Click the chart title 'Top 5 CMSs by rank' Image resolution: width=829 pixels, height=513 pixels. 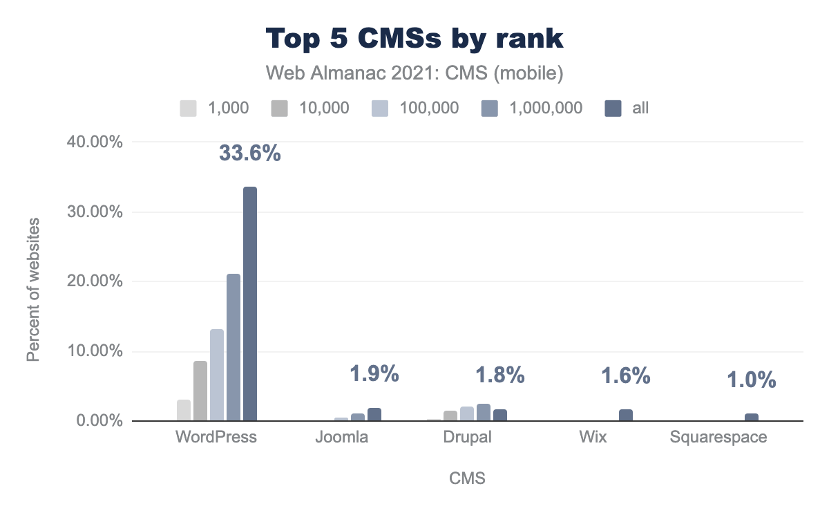pyautogui.click(x=414, y=39)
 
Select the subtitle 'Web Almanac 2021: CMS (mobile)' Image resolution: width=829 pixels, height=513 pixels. pyautogui.click(x=414, y=73)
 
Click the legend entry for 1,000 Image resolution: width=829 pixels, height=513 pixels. pyautogui.click(x=213, y=108)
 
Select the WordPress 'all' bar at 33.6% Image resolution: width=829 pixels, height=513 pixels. pyautogui.click(x=249, y=304)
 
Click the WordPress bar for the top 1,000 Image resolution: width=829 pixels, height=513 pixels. pyautogui.click(x=184, y=410)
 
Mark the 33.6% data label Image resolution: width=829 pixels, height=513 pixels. pyautogui.click(x=250, y=153)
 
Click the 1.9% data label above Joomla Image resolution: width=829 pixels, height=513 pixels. pyautogui.click(x=374, y=374)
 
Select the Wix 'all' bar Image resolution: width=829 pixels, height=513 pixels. pyautogui.click(x=626, y=415)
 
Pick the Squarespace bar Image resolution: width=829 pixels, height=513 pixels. pyautogui.click(x=752, y=417)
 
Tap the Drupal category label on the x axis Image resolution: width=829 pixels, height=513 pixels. pyautogui.click(x=467, y=438)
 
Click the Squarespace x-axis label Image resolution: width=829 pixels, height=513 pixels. pyautogui.click(x=718, y=438)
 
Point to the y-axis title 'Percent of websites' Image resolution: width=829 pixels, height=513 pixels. pyautogui.click(x=32, y=289)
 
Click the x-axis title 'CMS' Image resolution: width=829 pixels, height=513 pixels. pyautogui.click(x=467, y=478)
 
